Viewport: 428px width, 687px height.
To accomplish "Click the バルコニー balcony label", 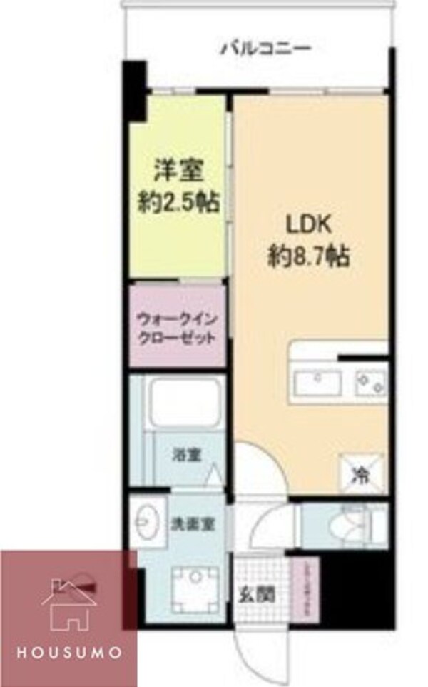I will [x=266, y=49].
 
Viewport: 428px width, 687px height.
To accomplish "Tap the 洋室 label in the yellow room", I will [x=179, y=171].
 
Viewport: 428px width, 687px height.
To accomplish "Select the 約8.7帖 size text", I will [x=309, y=255].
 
